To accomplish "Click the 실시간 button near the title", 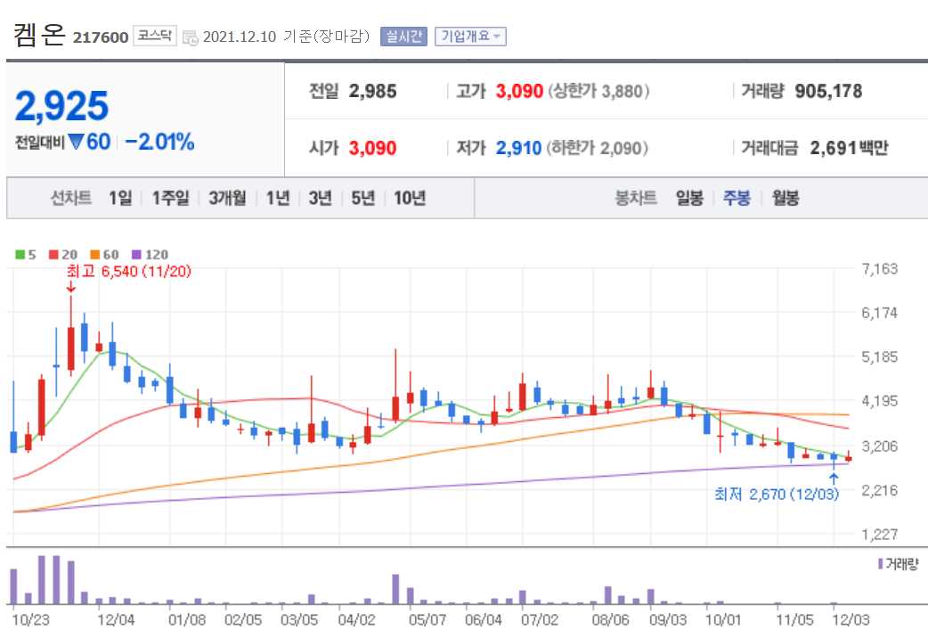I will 404,37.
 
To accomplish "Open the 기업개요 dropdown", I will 470,37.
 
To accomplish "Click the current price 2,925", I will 62,106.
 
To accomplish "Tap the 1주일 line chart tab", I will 170,198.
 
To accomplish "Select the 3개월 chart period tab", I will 227,198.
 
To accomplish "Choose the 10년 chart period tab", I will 410,198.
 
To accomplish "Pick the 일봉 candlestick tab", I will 689,198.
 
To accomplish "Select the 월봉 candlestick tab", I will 786,198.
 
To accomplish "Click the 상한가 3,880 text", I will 598,91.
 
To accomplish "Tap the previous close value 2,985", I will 373,91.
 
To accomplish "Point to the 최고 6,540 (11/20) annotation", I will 128,271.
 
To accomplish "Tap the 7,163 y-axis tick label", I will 880,269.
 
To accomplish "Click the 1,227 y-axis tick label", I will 880,534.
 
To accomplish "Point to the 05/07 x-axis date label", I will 427,618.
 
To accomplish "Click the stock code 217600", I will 101,37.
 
